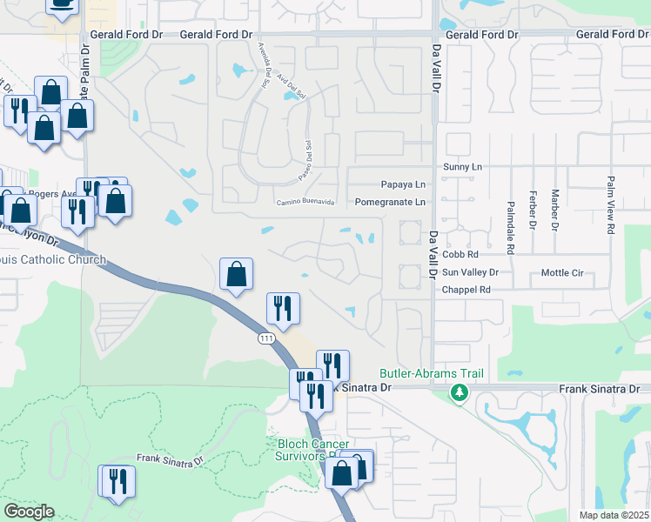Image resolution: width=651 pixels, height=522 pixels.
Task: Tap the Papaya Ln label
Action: tap(403, 184)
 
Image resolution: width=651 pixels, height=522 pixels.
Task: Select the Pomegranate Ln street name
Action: tap(390, 202)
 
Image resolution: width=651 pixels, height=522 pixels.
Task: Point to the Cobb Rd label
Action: tap(460, 255)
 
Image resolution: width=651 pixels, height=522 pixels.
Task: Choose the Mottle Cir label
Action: tap(562, 272)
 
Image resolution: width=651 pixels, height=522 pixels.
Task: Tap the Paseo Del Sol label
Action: tap(310, 156)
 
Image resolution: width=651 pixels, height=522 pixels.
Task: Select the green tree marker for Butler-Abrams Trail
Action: tap(459, 394)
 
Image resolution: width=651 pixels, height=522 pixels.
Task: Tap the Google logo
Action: tap(29, 512)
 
